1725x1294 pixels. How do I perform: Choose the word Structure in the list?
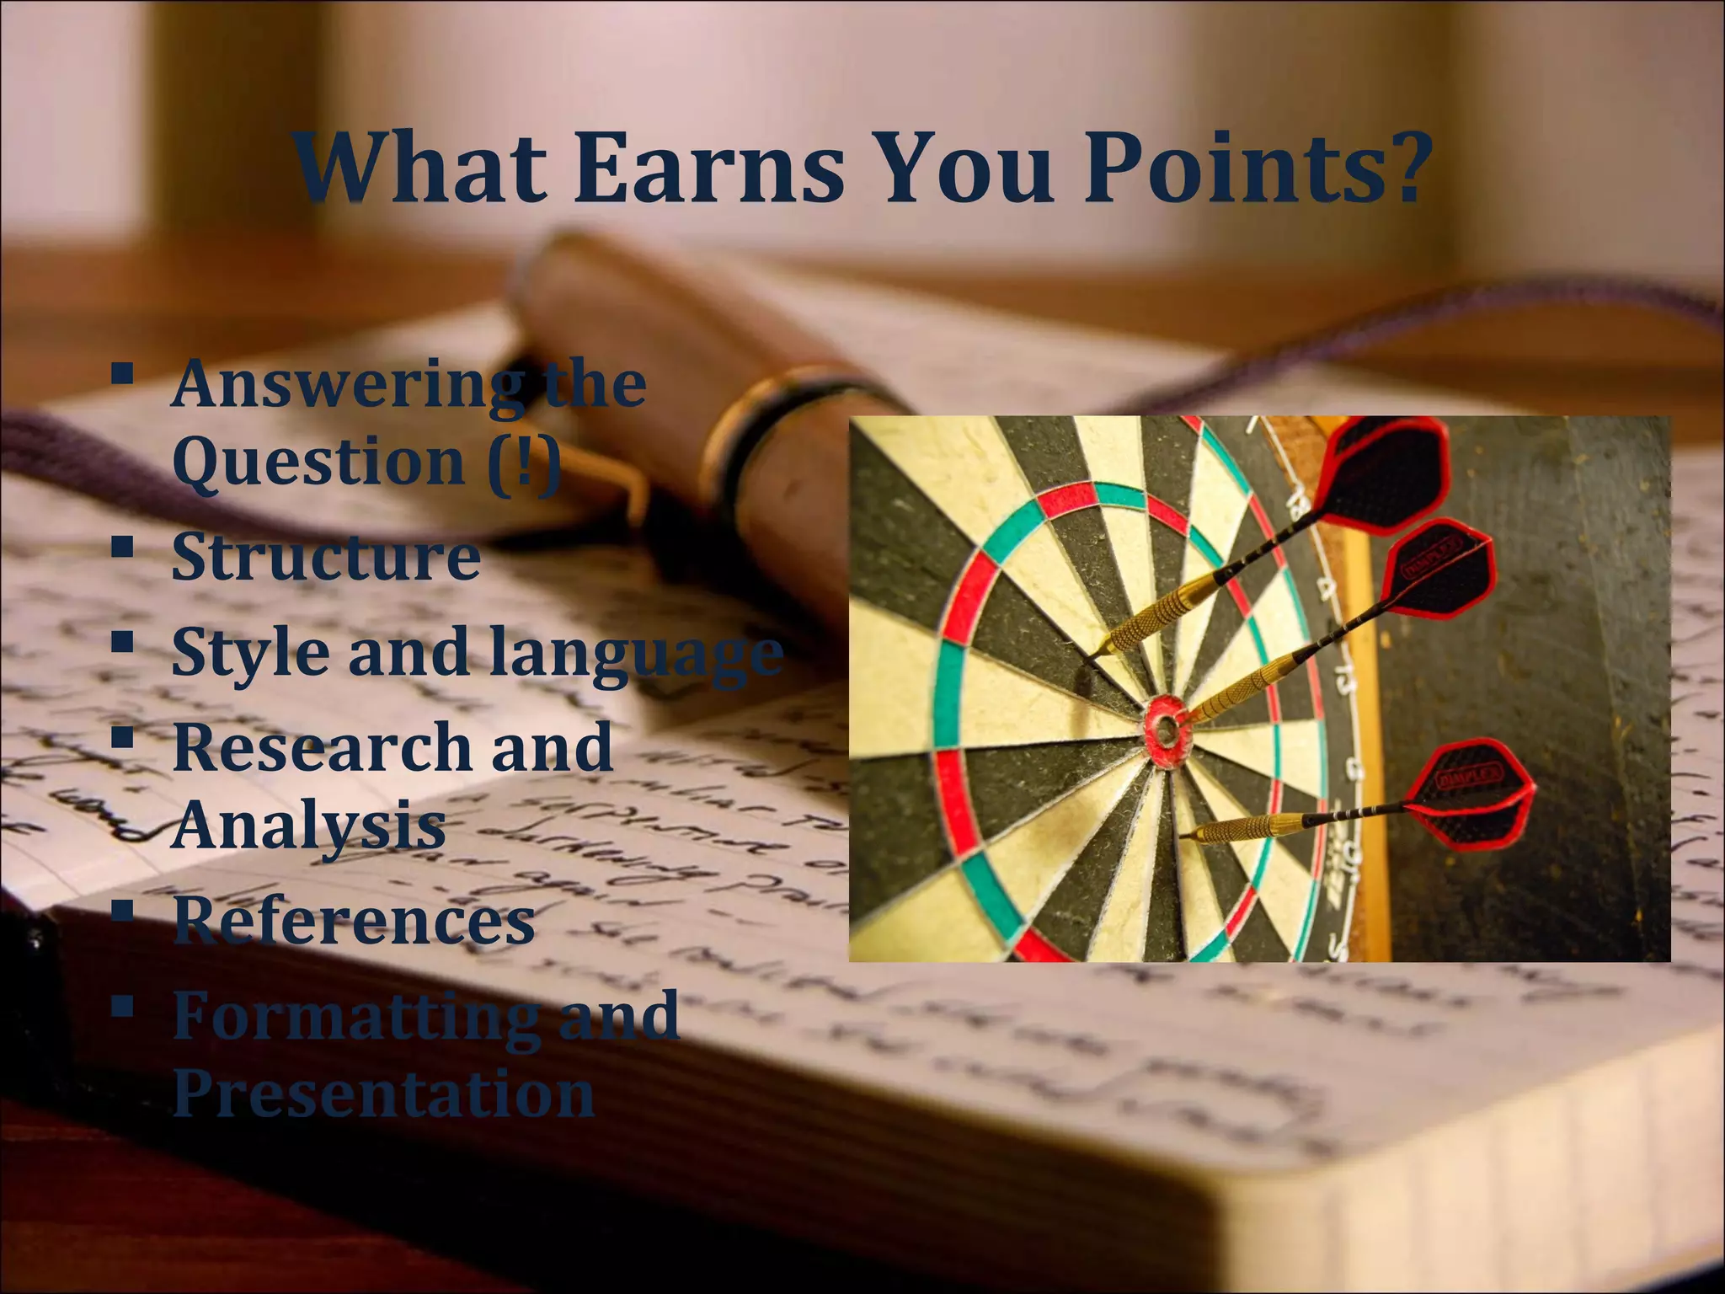pyautogui.click(x=326, y=557)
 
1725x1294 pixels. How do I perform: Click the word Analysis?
pyautogui.click(x=309, y=826)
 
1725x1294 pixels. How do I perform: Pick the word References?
pyautogui.click(x=354, y=921)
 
